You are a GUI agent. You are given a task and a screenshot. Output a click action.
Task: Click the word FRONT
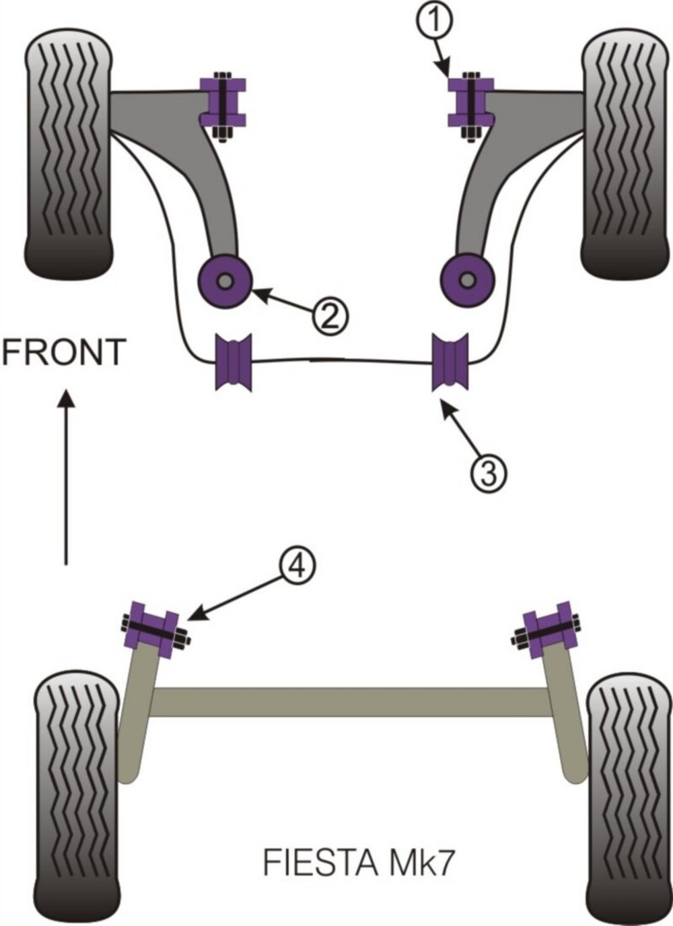point(64,352)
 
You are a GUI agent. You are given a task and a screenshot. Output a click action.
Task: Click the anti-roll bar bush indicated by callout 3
point(451,362)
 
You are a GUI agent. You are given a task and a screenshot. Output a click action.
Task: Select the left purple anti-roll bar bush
point(233,362)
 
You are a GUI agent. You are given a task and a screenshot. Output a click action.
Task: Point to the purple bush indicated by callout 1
point(471,102)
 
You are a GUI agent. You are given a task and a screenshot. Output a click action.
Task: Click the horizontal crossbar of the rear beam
point(350,702)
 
